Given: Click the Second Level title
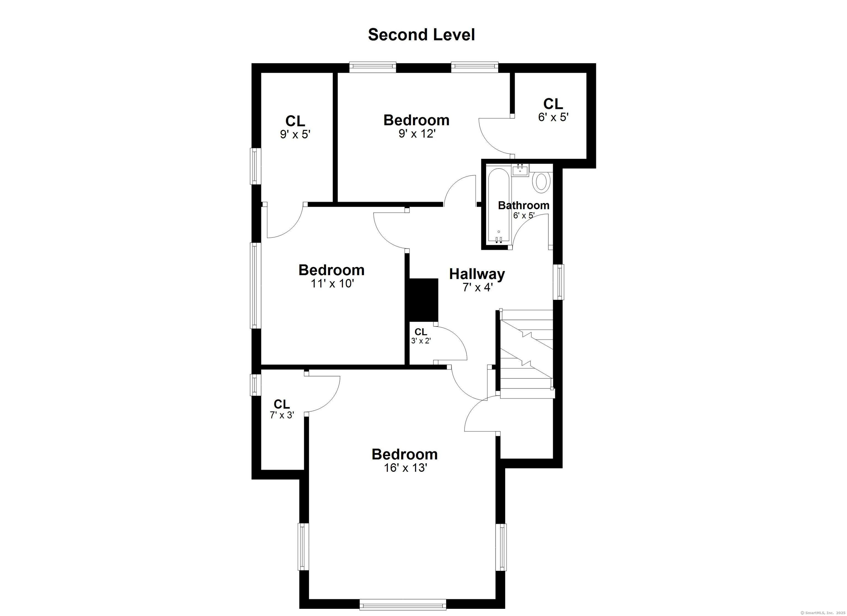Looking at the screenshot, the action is [x=421, y=35].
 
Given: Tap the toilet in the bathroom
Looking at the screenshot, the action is [x=542, y=182].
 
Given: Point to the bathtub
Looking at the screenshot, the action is [x=498, y=206].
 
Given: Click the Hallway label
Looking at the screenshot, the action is [x=477, y=274].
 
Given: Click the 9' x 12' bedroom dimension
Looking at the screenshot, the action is [x=417, y=133].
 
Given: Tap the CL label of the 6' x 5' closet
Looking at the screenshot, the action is [x=553, y=104].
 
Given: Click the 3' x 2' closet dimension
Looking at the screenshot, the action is [x=421, y=341].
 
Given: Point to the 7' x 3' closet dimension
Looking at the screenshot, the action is [x=282, y=415].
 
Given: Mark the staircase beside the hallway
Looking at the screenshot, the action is [x=526, y=354].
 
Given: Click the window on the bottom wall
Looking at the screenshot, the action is [x=403, y=604].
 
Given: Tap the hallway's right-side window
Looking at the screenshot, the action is [x=558, y=282].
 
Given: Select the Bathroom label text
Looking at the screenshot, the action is [x=524, y=205].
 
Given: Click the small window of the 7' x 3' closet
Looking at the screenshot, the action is [x=255, y=385].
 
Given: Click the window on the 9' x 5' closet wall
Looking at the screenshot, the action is [x=255, y=166].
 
